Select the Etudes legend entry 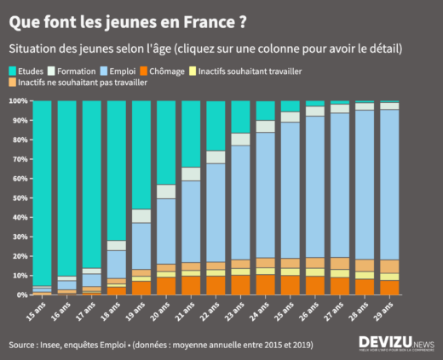(x=29, y=71)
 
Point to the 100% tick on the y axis (x=17, y=100)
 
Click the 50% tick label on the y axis (x=19, y=197)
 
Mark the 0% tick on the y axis (x=20, y=294)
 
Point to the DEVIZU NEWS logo (x=395, y=344)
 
